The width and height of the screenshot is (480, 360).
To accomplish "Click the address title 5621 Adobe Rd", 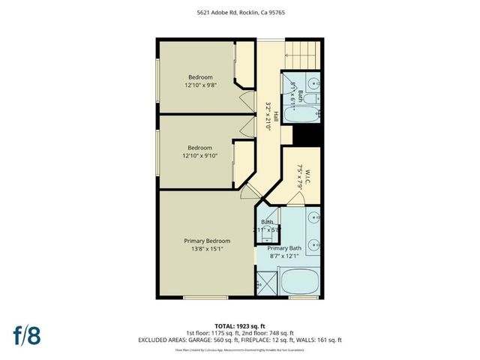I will coord(239,12).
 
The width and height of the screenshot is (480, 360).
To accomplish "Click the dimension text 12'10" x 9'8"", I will coord(199,85).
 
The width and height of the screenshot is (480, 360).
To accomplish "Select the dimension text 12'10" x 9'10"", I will coord(199,156).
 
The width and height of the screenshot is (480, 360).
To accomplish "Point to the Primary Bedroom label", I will coord(207,241).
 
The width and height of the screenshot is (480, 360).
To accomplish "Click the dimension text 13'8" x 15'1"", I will coord(207,250).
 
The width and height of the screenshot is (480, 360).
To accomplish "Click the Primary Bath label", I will coord(284,248).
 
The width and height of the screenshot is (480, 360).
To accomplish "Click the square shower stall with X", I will coord(263,285).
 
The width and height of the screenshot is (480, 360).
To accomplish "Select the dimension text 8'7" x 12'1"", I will coord(284,256).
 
